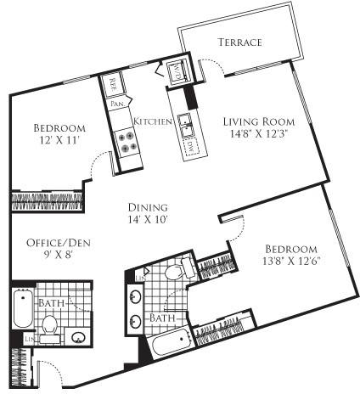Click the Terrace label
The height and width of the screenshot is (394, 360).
tap(239, 42)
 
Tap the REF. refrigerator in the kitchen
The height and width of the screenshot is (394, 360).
tap(113, 83)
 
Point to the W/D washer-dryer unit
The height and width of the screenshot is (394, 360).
tap(178, 70)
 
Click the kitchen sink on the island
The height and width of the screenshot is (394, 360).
tap(186, 127)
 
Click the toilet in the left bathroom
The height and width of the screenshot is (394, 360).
tap(50, 324)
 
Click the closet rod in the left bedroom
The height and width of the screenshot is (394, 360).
tap(48, 202)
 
